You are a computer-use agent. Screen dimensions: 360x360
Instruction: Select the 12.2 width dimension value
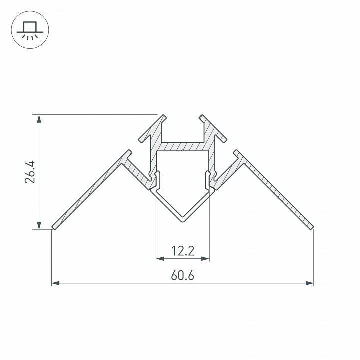pos(182,251)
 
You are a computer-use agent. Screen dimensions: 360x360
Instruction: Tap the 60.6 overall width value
pos(182,276)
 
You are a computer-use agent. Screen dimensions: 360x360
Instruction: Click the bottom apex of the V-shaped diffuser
pos(182,219)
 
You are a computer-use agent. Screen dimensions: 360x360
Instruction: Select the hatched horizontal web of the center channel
pos(182,145)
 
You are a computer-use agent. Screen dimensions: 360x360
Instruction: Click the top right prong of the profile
pos(203,118)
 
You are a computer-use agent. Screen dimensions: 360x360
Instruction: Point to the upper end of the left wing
pos(129,151)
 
